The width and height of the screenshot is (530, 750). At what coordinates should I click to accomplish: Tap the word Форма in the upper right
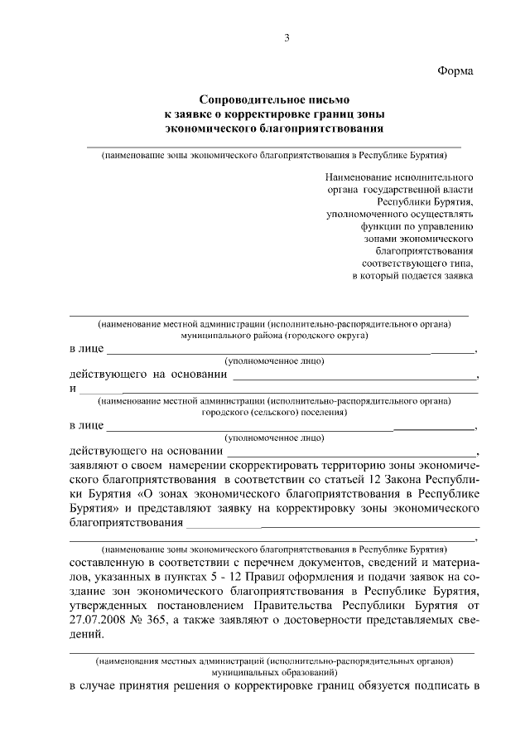[x=455, y=72]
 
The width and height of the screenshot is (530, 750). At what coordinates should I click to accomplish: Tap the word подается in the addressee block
[x=418, y=275]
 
